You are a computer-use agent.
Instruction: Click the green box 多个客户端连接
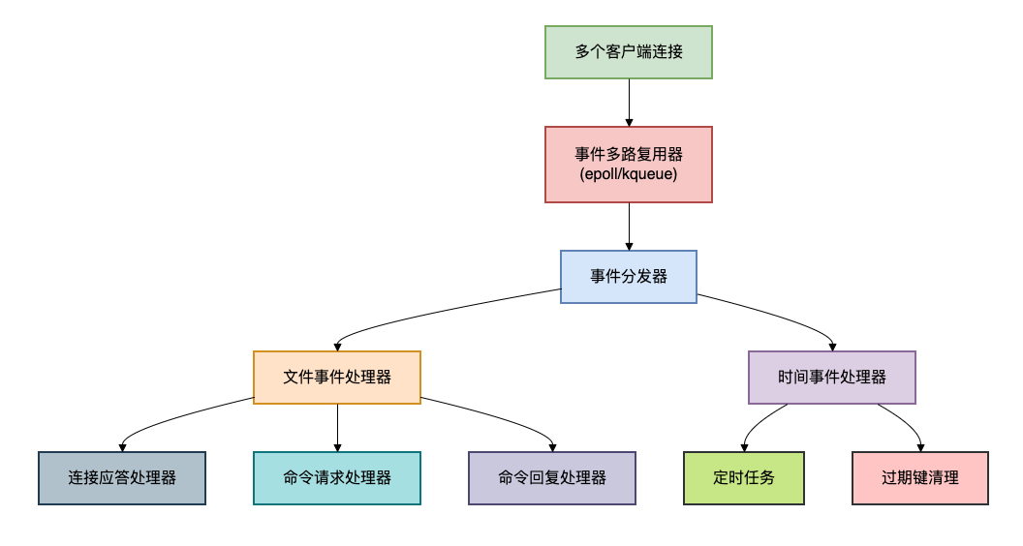coord(629,52)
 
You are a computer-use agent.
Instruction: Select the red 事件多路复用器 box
coord(629,155)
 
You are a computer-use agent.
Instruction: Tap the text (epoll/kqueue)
coord(629,174)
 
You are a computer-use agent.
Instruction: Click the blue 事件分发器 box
coord(629,277)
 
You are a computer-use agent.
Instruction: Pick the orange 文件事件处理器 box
coord(337,377)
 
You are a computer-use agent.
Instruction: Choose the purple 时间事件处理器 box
coord(832,377)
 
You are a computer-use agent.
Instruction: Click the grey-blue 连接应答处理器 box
coord(122,477)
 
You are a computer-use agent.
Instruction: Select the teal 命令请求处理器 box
coord(337,477)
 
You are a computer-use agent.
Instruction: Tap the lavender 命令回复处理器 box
coord(552,477)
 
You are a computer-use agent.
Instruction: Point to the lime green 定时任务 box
coord(744,477)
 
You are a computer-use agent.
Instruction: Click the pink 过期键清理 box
coord(920,477)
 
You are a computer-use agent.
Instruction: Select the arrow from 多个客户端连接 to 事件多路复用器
coord(629,102)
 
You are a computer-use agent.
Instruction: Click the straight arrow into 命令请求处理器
coord(337,426)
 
